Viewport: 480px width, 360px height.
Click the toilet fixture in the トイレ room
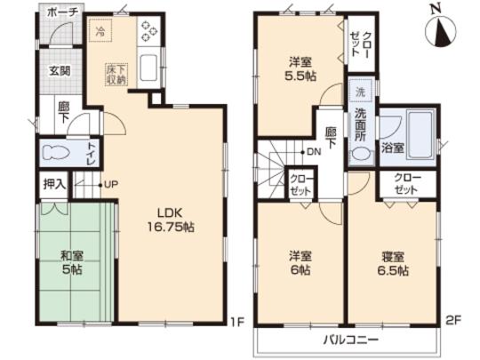coord(54,150)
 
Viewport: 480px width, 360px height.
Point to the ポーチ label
coord(62,13)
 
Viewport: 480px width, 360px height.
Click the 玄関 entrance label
coord(60,70)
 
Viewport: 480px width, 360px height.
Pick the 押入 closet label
coord(52,187)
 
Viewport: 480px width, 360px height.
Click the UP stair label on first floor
coord(111,185)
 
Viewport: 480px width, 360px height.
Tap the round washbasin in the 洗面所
coord(359,152)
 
